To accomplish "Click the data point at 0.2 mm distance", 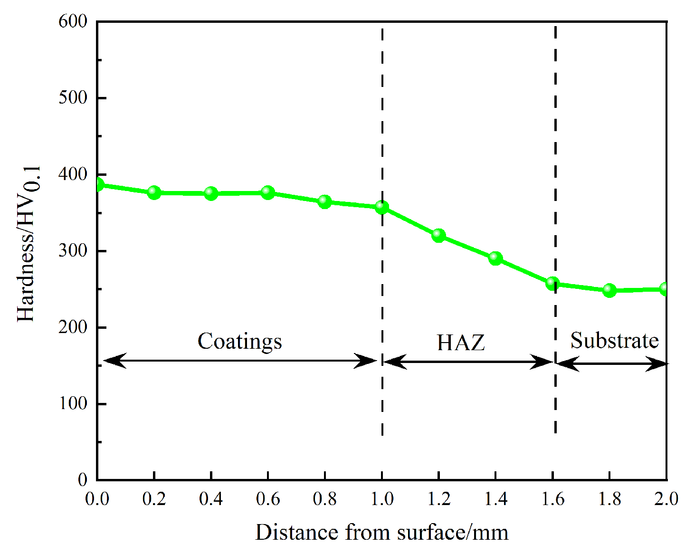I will [154, 192].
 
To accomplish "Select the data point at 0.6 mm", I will [268, 192].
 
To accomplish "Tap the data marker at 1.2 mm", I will [438, 235].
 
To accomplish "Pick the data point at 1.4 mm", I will [495, 258].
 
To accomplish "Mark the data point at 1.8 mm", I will [609, 290].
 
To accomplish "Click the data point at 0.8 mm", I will [325, 201].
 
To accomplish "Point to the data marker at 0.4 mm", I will [211, 193].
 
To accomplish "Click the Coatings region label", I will [239, 341].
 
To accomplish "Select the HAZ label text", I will [461, 343].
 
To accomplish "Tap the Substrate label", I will [614, 340].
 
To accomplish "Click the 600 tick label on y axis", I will [73, 21].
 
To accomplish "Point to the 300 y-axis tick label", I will [73, 250].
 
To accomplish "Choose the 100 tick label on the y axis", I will [73, 403].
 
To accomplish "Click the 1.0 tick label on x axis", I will [382, 499].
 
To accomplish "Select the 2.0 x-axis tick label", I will [666, 499].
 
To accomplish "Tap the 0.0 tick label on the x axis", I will [97, 499].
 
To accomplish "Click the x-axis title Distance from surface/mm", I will [381, 533].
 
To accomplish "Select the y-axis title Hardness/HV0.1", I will [29, 244].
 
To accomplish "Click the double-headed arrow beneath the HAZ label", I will [468, 362].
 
